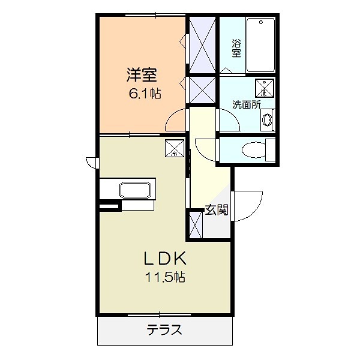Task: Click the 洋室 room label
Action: click(142, 75)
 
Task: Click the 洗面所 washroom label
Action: click(247, 104)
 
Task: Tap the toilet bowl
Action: click(253, 149)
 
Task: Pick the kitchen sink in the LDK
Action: click(137, 190)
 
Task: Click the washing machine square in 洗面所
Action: click(263, 88)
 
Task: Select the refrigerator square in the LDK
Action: click(173, 148)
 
